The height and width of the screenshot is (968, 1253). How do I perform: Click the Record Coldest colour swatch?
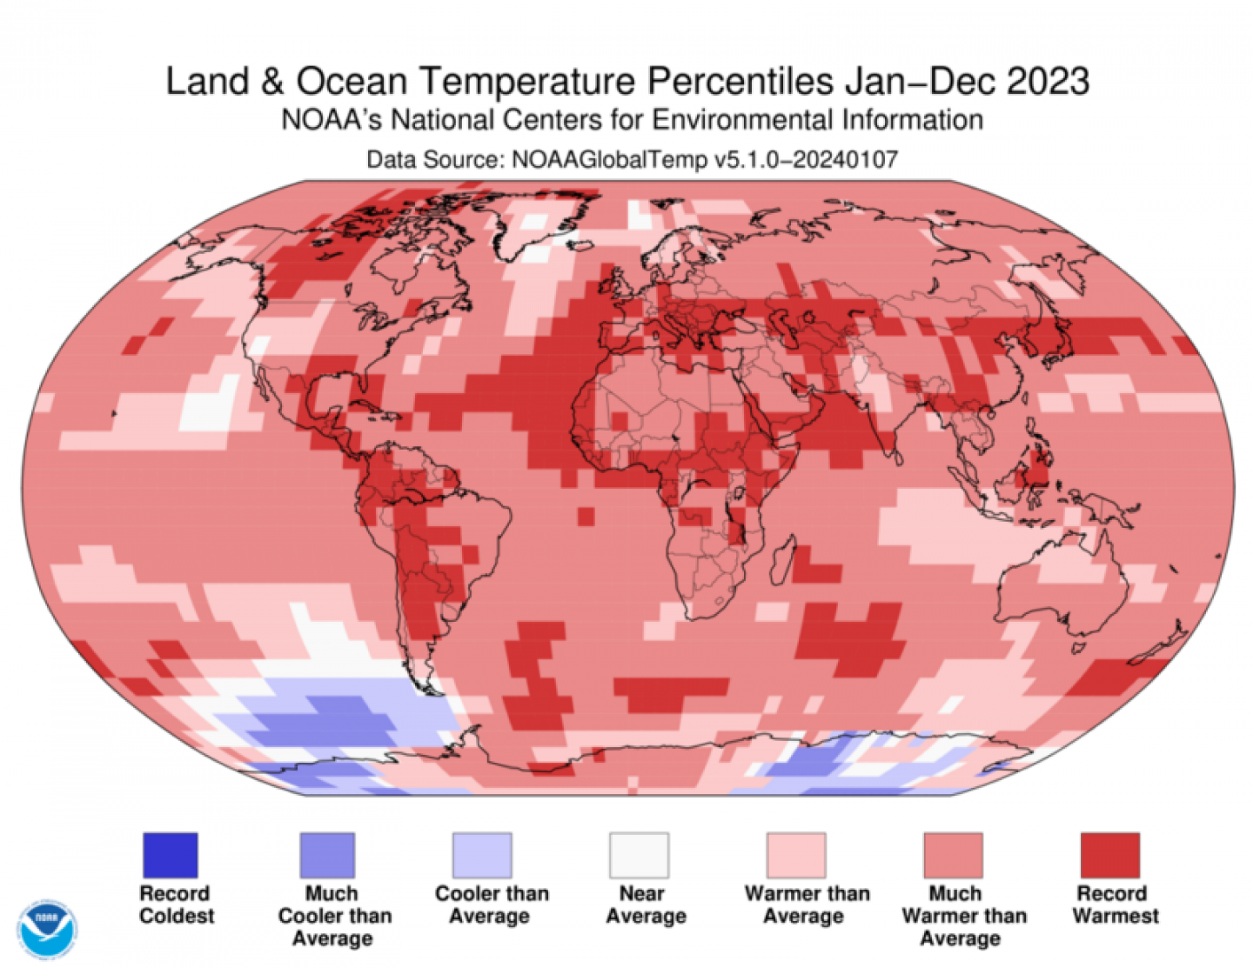click(171, 855)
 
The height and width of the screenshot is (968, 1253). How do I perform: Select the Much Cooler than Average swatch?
click(327, 855)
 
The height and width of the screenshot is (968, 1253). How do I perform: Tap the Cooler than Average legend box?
click(482, 855)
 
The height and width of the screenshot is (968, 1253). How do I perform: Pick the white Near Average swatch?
click(640, 855)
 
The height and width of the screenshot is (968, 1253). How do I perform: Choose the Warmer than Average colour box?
click(796, 855)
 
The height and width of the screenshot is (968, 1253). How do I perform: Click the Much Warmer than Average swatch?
click(953, 855)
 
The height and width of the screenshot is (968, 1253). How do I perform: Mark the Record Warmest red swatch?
click(1109, 855)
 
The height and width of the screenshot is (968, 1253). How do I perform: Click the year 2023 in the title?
click(1048, 82)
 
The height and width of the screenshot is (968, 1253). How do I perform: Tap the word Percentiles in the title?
click(740, 82)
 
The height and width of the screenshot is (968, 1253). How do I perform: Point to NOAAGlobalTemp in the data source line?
click(609, 159)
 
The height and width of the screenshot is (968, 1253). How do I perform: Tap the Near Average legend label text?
click(645, 905)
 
